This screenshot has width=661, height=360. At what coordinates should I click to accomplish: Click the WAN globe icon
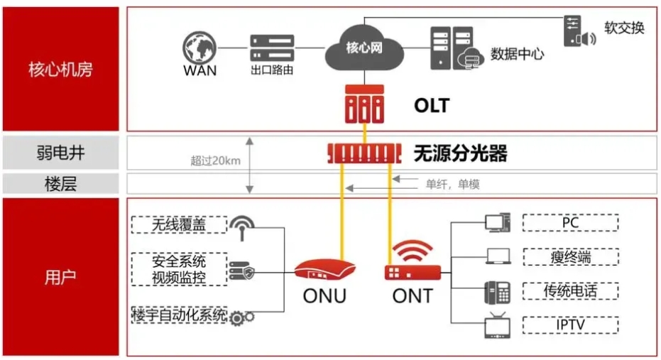click(x=200, y=48)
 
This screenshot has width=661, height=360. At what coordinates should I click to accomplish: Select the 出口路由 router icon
click(x=272, y=48)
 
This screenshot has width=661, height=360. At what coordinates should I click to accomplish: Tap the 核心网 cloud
click(x=364, y=48)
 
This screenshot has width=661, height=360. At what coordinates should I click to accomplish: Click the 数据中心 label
click(x=518, y=54)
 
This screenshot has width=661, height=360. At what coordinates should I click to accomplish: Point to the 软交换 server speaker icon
click(x=579, y=31)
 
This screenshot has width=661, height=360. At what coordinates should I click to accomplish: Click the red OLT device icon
click(x=364, y=104)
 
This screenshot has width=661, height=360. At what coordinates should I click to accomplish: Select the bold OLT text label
click(x=432, y=105)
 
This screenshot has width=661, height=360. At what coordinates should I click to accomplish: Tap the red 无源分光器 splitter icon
click(x=364, y=153)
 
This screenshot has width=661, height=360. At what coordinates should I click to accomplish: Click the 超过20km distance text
click(x=215, y=160)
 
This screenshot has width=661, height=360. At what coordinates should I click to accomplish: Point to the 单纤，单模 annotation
click(x=453, y=184)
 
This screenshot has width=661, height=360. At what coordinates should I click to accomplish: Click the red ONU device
click(x=324, y=269)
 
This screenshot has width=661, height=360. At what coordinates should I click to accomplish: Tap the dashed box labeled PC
click(x=570, y=222)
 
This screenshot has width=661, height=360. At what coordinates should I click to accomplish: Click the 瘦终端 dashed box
click(x=571, y=257)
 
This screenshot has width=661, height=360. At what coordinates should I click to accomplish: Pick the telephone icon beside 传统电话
click(x=498, y=292)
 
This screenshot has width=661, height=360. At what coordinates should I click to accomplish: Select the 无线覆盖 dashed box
click(x=179, y=224)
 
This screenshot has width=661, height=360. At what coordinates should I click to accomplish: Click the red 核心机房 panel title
click(x=61, y=70)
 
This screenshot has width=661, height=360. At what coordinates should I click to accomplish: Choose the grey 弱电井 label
click(x=61, y=152)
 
